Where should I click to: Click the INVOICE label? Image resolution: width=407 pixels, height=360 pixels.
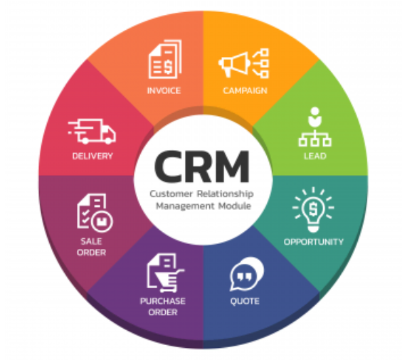164,90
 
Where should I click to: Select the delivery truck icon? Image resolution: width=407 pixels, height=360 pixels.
92,132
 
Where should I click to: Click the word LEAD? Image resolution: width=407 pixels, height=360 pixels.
314,156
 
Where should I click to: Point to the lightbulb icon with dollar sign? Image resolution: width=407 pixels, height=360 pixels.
313,210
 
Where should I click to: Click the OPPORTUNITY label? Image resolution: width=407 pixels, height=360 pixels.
314,242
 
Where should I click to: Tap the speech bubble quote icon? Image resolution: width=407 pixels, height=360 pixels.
247,274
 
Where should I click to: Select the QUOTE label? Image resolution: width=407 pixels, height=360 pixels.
245,301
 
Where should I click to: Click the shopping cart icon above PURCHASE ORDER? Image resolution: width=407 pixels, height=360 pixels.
165,273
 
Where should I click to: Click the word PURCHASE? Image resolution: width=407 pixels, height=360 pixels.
163,301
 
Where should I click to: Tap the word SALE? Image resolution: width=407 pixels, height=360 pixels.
91,241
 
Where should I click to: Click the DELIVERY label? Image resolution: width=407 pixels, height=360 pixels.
92,156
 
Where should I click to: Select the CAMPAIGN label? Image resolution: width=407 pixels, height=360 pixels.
245,90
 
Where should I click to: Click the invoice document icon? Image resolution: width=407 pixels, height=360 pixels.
165,59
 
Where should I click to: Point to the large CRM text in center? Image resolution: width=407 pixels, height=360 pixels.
202,167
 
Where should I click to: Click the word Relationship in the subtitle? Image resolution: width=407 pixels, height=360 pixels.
225,194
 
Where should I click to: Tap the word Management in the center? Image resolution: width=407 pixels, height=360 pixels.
185,206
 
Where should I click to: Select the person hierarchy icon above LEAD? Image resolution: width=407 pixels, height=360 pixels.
314,127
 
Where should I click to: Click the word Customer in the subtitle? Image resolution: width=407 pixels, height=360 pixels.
171,194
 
